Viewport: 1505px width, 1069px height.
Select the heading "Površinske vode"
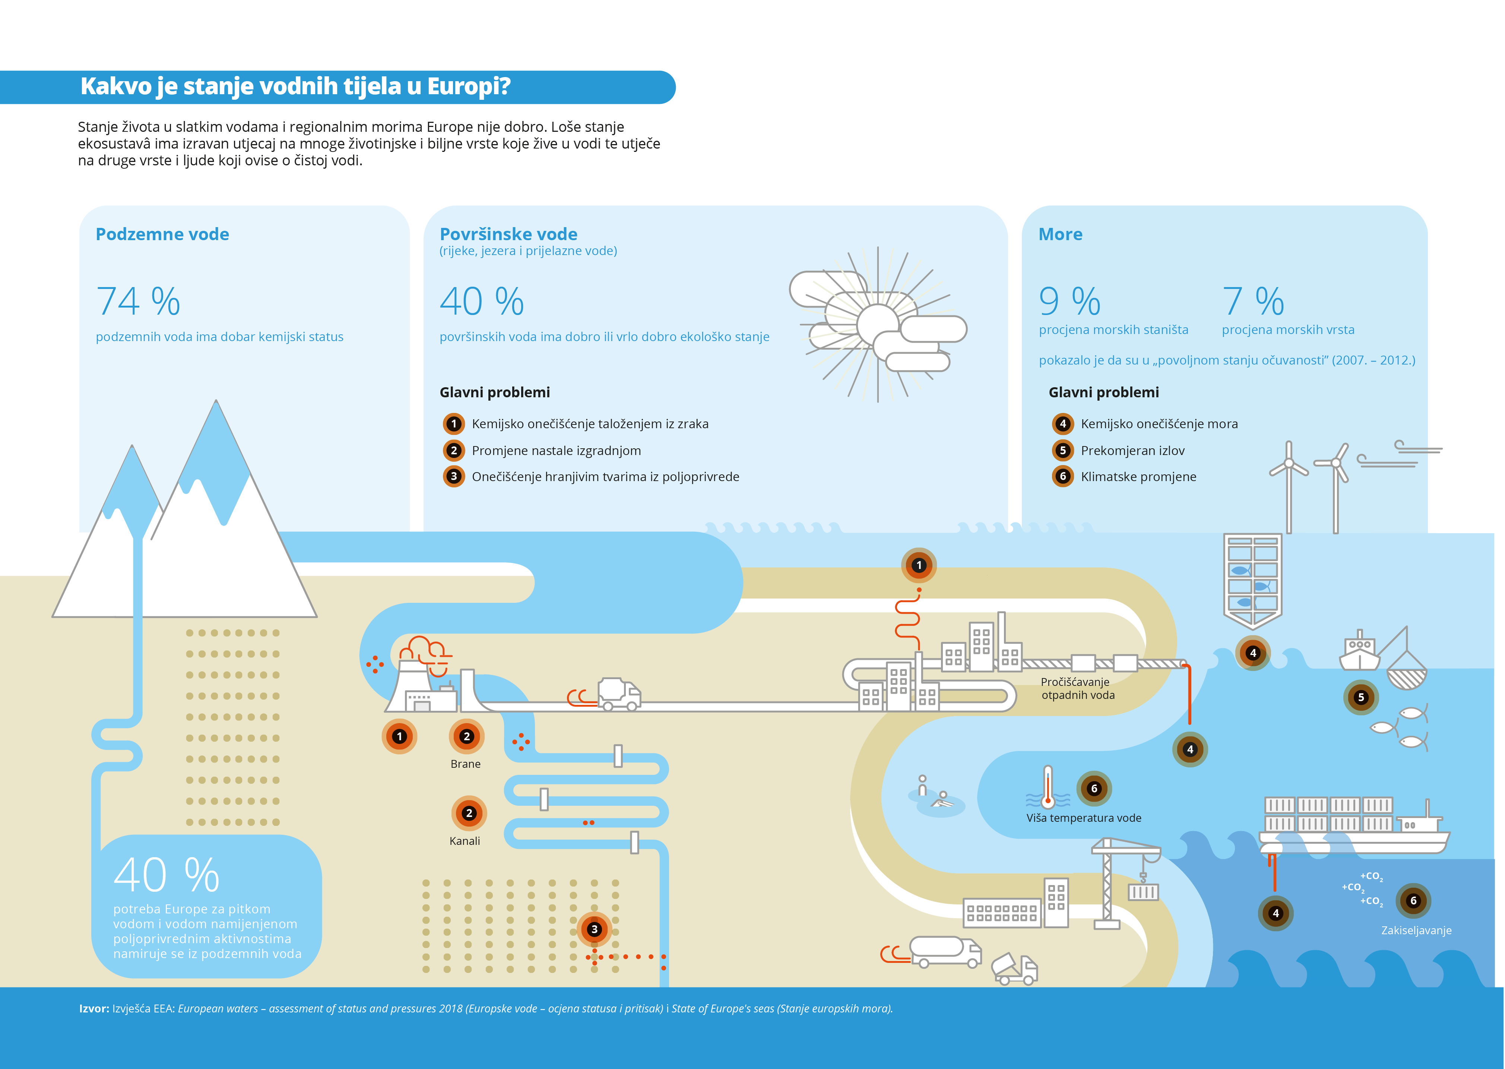tap(508, 234)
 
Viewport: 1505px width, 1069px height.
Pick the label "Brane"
tap(466, 764)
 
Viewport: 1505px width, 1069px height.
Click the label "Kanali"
tap(465, 841)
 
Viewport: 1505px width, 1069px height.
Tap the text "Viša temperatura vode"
tap(1083, 818)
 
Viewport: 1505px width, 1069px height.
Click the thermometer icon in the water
tap(1047, 787)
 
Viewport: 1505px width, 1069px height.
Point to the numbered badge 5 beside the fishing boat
tap(1361, 697)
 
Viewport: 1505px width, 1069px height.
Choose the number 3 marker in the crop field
tap(594, 929)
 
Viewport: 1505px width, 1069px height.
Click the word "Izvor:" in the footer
tap(94, 1008)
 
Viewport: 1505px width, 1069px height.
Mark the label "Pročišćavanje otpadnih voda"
tap(1078, 688)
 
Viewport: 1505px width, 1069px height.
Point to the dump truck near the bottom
tap(1015, 969)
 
